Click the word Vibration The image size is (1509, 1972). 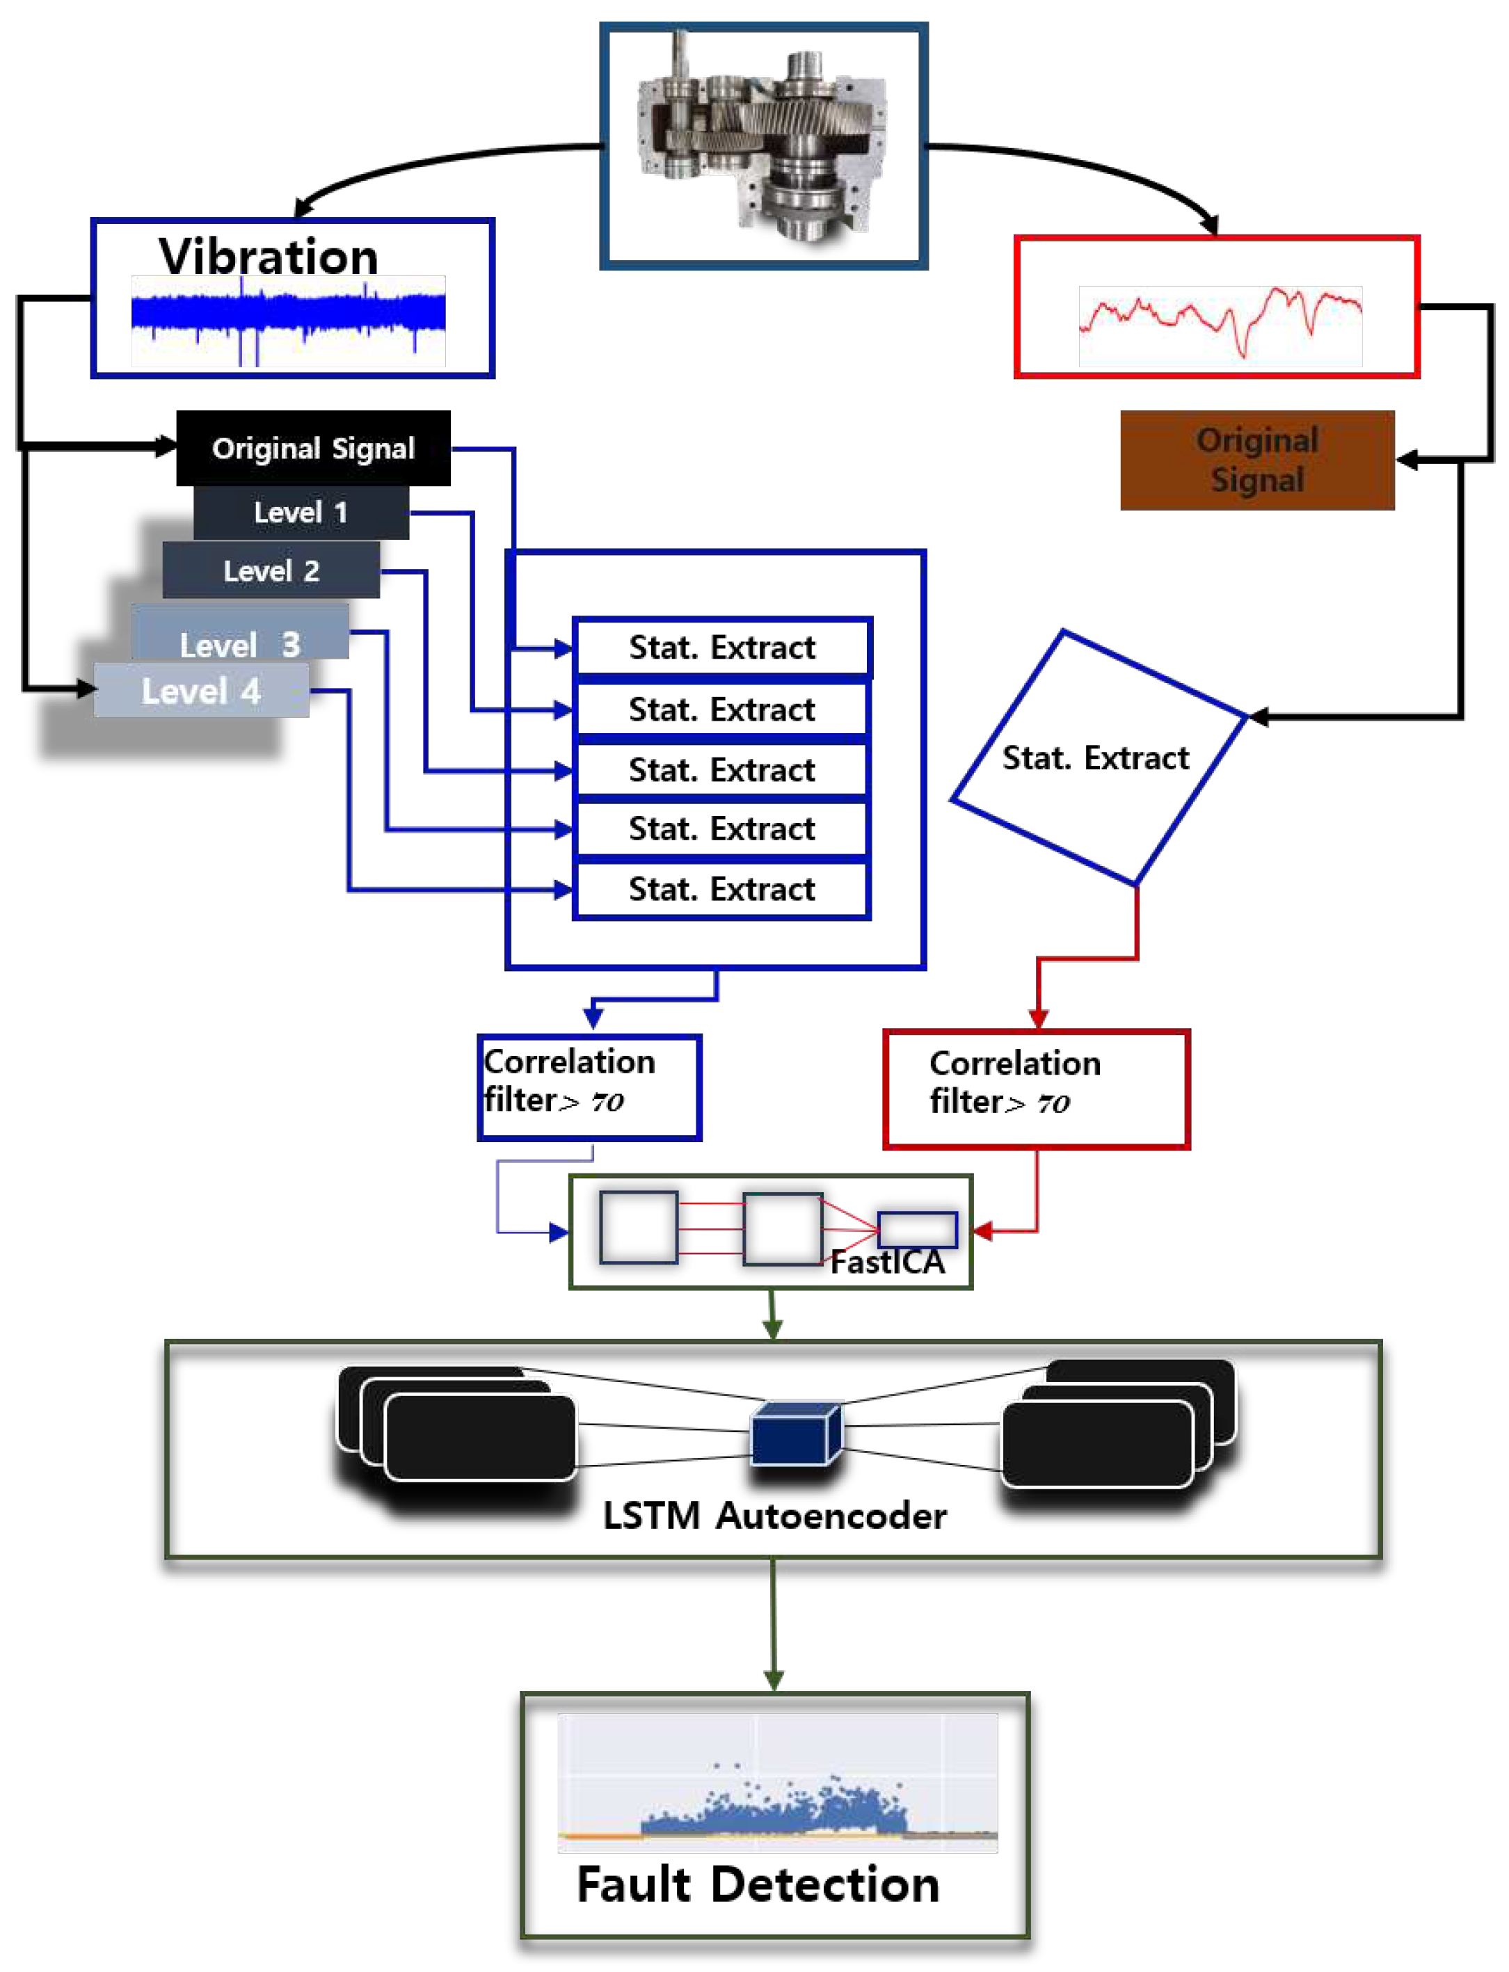pyautogui.click(x=269, y=257)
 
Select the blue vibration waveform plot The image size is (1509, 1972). pyautogui.click(x=288, y=321)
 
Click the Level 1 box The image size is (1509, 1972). pyautogui.click(x=301, y=513)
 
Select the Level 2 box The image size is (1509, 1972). pyautogui.click(x=271, y=570)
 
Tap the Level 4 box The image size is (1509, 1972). pyautogui.click(x=201, y=691)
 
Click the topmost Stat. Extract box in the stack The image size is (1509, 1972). pyautogui.click(x=721, y=648)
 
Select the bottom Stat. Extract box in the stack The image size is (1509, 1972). pyautogui.click(x=721, y=889)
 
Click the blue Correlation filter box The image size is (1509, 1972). pyautogui.click(x=589, y=1087)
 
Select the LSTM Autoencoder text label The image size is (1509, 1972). pyautogui.click(x=774, y=1516)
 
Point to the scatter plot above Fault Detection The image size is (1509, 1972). pyautogui.click(x=777, y=1783)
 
